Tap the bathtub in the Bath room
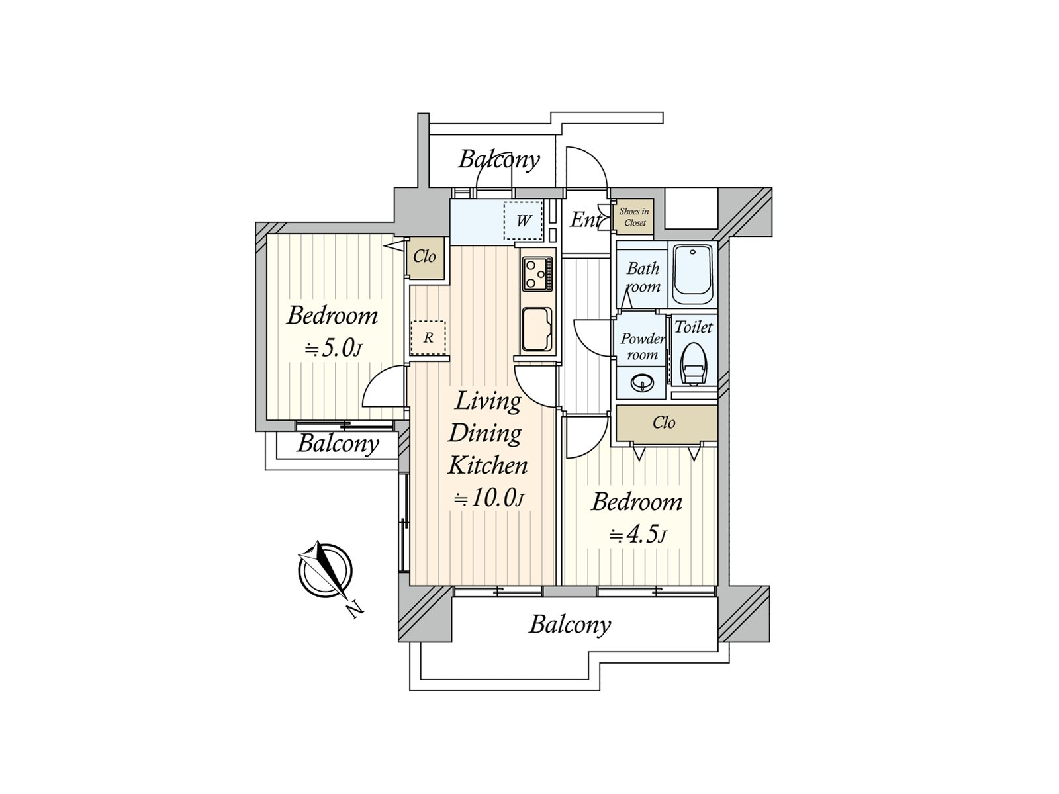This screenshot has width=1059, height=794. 692,275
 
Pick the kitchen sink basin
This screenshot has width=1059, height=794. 537,330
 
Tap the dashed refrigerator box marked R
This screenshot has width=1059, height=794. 428,338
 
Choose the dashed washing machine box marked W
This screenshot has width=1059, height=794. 524,221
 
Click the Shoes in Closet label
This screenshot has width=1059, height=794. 635,217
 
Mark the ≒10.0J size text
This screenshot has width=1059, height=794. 488,498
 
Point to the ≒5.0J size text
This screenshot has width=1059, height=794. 333,349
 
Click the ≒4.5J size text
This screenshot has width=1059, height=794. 638,535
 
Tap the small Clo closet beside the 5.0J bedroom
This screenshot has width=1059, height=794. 425,257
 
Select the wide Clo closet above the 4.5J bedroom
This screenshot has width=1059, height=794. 667,423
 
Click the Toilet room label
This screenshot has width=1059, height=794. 693,328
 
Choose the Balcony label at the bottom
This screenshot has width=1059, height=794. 570,625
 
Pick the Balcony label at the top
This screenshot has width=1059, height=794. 499,159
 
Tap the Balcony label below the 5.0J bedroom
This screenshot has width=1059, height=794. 338,443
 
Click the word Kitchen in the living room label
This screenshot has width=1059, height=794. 488,466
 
